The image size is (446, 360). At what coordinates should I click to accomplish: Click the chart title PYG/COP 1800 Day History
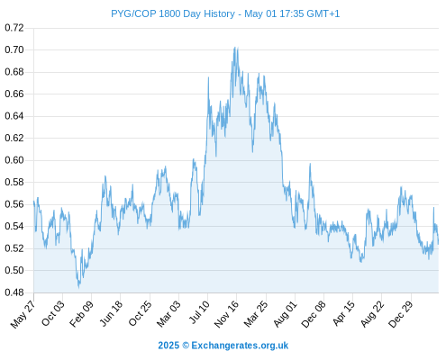[173, 13]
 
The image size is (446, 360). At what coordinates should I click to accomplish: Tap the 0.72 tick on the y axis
[14, 28]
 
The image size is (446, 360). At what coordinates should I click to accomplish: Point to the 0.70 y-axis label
[14, 49]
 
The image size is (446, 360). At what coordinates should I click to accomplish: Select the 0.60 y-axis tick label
[14, 160]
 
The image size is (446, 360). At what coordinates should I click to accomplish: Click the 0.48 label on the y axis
[14, 292]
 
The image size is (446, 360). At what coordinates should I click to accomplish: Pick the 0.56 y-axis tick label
[14, 204]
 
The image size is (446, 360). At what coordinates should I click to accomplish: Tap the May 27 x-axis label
[23, 314]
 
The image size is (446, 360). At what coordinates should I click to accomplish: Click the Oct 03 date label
[53, 313]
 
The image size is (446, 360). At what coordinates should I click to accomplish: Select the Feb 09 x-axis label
[81, 314]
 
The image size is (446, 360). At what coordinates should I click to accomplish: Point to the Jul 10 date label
[199, 312]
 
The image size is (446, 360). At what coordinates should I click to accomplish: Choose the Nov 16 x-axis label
[226, 314]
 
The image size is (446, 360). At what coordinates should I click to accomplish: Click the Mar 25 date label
[256, 314]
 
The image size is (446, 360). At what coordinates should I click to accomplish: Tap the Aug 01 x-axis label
[286, 314]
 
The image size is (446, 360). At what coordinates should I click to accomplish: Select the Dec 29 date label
[400, 314]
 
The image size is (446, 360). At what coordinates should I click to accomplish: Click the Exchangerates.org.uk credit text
[240, 346]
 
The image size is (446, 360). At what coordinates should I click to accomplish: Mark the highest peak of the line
[234, 47]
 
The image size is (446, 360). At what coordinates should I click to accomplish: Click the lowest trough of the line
[79, 288]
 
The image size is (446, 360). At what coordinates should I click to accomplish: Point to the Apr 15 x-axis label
[344, 313]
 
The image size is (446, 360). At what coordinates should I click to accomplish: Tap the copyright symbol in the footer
[186, 346]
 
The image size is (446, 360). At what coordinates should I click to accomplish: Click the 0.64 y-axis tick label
[14, 116]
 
